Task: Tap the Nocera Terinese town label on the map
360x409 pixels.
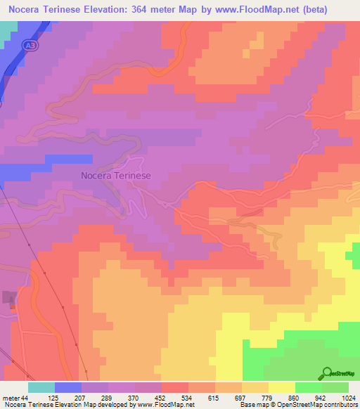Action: point(116,176)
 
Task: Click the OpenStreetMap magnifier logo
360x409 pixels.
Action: point(327,372)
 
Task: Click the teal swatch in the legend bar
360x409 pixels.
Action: point(41,387)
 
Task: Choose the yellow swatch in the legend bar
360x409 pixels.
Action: point(281,387)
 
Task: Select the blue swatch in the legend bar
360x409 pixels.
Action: point(68,387)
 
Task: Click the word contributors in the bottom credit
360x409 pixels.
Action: point(339,405)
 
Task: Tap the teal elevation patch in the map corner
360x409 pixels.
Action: point(8,32)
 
